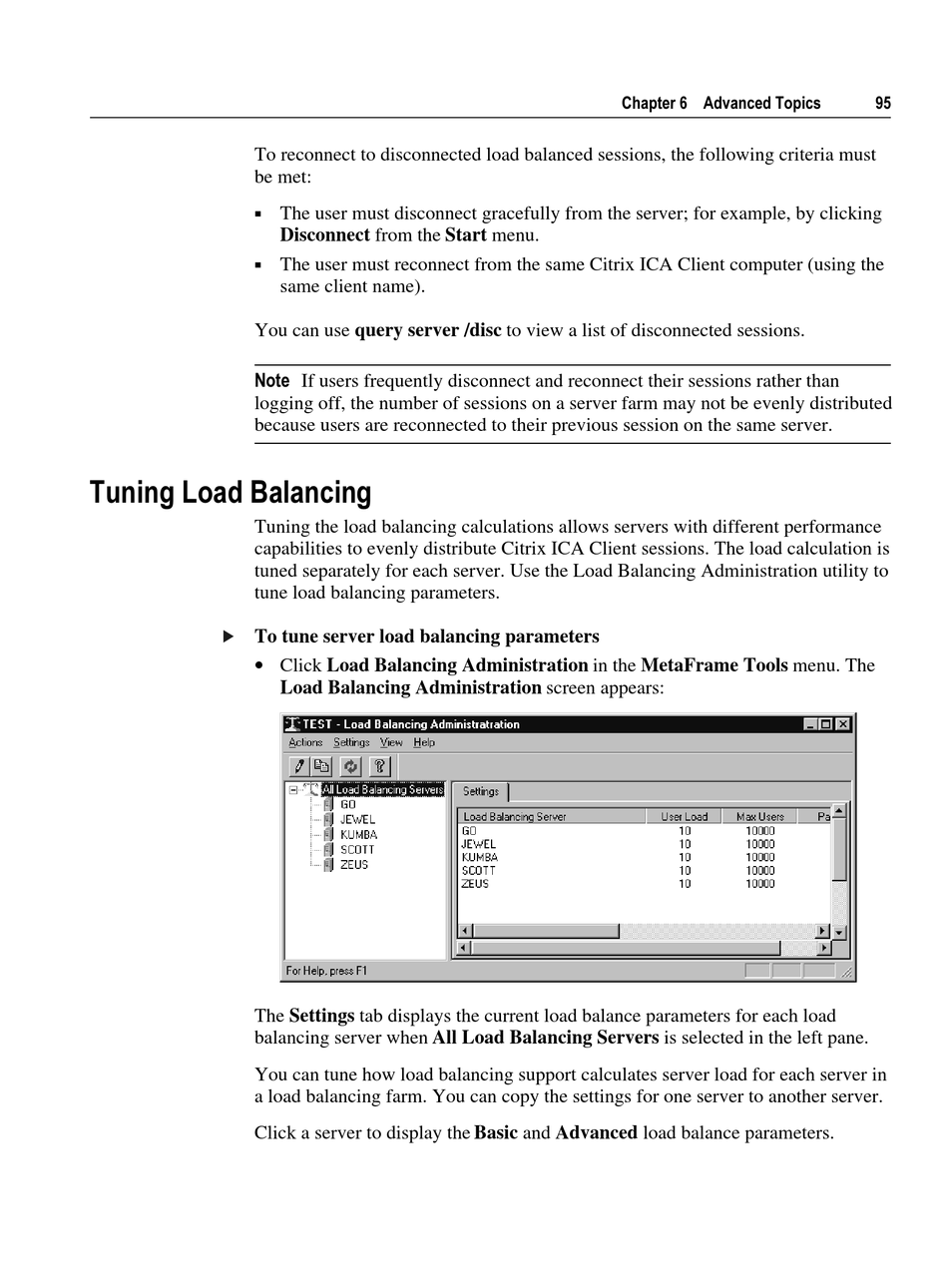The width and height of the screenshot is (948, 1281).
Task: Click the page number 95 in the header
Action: (x=882, y=104)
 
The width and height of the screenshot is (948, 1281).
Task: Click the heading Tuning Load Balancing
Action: (x=230, y=493)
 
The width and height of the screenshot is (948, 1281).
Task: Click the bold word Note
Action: (x=271, y=381)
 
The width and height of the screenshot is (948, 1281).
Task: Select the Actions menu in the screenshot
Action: (x=305, y=743)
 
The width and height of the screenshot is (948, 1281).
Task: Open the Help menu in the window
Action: (x=424, y=743)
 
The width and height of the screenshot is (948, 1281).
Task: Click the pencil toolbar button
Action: (x=298, y=766)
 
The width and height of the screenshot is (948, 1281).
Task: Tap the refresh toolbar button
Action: (x=350, y=766)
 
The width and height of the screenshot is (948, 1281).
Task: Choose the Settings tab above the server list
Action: (x=481, y=792)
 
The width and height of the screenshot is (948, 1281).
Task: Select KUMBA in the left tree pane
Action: (x=358, y=835)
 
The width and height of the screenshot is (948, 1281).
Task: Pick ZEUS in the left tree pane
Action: (x=354, y=865)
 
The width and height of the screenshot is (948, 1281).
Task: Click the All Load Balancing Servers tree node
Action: (x=382, y=790)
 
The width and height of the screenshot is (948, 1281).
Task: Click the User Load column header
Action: (x=684, y=817)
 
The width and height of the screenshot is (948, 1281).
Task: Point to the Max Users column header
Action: (x=759, y=817)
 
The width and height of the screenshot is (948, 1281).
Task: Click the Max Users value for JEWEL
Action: (x=759, y=844)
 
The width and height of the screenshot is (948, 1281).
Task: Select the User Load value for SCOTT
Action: (x=685, y=871)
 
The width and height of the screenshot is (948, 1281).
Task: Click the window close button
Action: (x=843, y=724)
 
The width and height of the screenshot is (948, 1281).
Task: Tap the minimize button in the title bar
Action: (x=810, y=724)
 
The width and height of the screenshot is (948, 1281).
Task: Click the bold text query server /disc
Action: (x=427, y=330)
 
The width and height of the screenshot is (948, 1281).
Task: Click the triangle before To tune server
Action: (x=229, y=637)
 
